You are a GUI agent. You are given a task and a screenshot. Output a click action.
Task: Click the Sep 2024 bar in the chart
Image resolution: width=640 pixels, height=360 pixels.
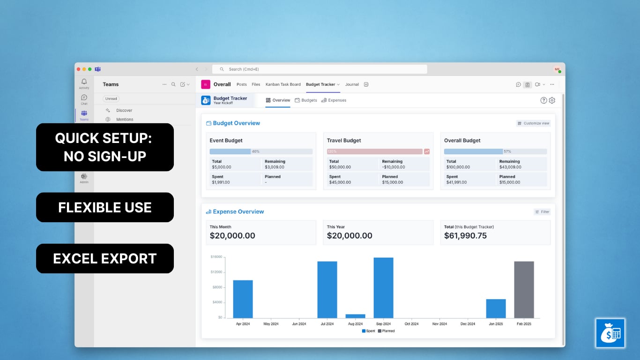[383, 288]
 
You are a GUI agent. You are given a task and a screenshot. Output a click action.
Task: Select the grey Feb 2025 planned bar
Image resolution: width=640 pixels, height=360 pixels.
[524, 290]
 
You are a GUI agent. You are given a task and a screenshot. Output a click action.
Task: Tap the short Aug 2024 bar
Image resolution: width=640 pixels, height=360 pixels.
[355, 316]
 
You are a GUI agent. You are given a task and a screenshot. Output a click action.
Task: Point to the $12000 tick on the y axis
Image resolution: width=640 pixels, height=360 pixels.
[216, 272]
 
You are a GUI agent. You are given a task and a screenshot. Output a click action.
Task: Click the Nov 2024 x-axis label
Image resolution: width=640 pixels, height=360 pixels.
[439, 324]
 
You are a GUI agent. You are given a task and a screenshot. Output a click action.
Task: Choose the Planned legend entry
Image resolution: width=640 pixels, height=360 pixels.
[387, 331]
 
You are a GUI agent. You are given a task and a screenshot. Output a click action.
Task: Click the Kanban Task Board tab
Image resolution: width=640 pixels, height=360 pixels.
[283, 84]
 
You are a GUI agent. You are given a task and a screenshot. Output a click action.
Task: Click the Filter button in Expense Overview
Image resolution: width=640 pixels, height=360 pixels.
[542, 212]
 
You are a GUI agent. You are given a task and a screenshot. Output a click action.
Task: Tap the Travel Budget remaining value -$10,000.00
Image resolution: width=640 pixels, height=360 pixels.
[394, 167]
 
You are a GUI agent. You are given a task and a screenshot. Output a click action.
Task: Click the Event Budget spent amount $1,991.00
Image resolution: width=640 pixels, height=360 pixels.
[221, 182]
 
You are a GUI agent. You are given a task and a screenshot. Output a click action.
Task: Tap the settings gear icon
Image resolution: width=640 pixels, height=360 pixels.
[552, 100]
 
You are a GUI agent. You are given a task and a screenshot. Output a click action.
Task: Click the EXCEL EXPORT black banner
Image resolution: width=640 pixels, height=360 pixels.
[105, 259]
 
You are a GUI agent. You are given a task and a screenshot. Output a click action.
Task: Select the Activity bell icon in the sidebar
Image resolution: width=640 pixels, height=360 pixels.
[84, 82]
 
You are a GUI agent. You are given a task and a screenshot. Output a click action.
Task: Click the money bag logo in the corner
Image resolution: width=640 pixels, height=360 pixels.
[610, 333]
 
